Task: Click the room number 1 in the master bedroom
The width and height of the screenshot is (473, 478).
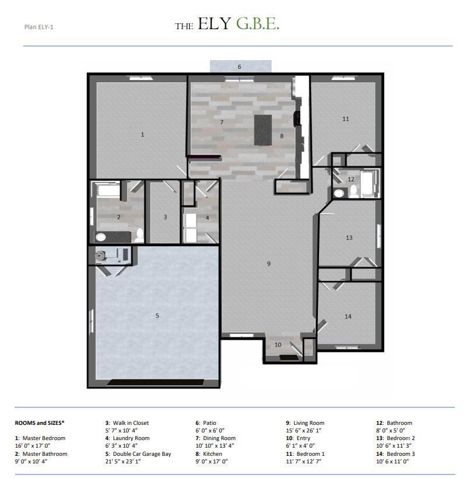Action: pyautogui.click(x=142, y=135)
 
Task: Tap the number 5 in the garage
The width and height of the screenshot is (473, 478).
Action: pyautogui.click(x=157, y=316)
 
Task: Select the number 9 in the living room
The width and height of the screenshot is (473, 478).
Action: pyautogui.click(x=269, y=264)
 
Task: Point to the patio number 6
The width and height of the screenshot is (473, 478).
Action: pyautogui.click(x=239, y=67)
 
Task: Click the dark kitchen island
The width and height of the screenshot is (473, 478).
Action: pyautogui.click(x=263, y=130)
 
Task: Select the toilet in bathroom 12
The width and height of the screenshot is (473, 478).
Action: pyautogui.click(x=339, y=193)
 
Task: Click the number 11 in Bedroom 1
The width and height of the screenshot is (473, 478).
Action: pyautogui.click(x=345, y=119)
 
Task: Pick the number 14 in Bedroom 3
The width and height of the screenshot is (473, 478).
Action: pyautogui.click(x=348, y=316)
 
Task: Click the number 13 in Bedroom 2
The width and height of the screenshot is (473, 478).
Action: pyautogui.click(x=349, y=238)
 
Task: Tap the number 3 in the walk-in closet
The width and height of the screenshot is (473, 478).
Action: pyautogui.click(x=165, y=217)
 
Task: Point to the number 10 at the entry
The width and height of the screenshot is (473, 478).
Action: pyautogui.click(x=278, y=345)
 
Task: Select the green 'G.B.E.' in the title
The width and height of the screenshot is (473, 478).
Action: pyautogui.click(x=257, y=25)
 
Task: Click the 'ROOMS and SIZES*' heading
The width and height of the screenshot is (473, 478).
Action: pyautogui.click(x=39, y=423)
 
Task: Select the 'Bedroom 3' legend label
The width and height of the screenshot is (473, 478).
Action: pyautogui.click(x=399, y=453)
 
